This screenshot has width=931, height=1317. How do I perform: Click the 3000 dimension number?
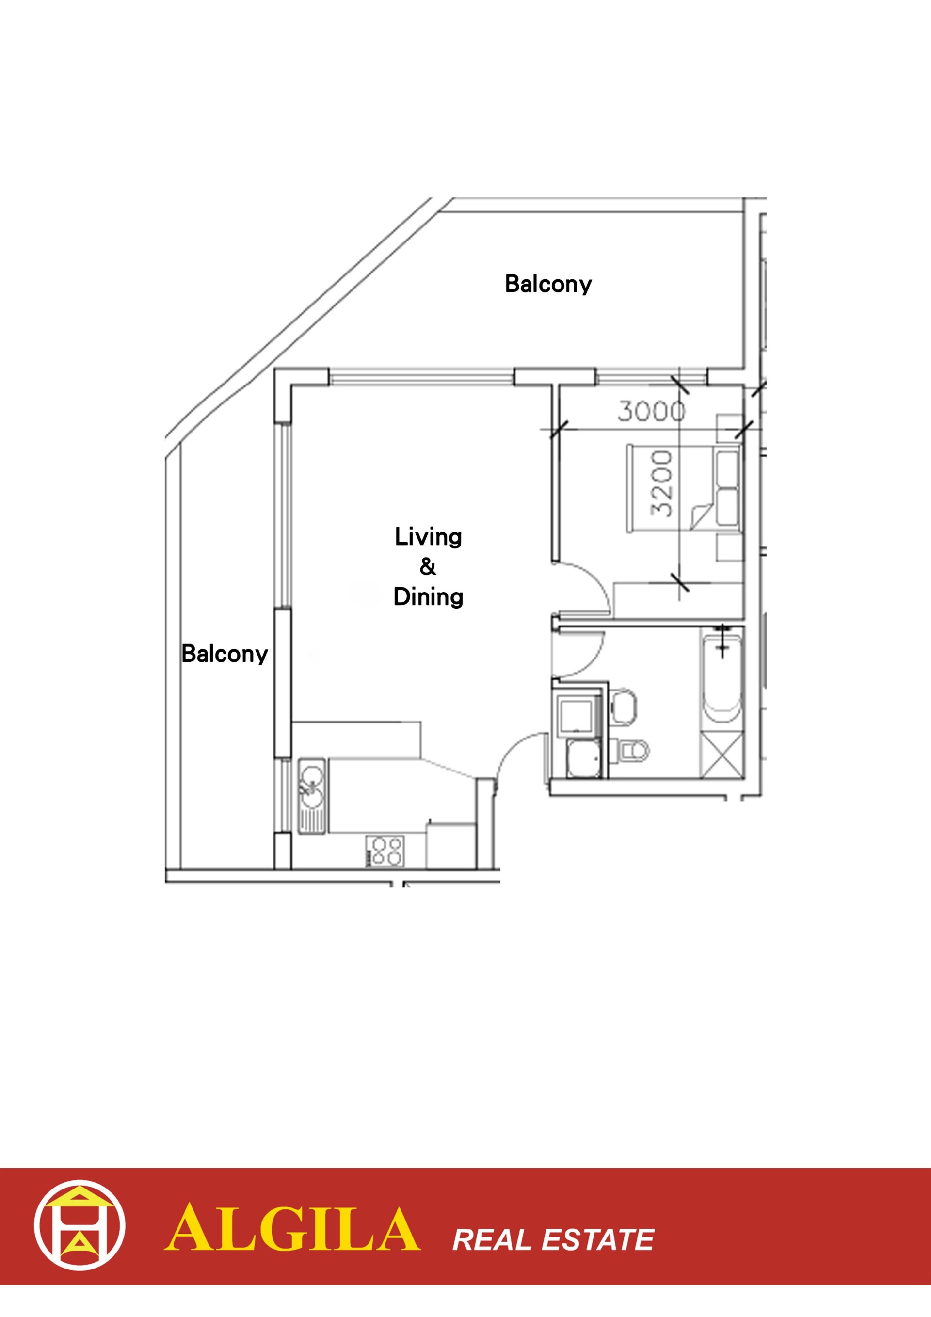[x=651, y=411]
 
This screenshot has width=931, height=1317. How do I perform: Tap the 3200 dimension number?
[x=661, y=483]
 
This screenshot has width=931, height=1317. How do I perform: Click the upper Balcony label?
[x=548, y=284]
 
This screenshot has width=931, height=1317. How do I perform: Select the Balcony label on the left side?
[x=225, y=654]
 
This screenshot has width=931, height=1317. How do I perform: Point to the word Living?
[x=428, y=537]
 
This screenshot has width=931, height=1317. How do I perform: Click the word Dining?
[x=428, y=596]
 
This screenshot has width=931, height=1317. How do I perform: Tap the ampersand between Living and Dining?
[x=427, y=567]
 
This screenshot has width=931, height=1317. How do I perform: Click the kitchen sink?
[x=311, y=796]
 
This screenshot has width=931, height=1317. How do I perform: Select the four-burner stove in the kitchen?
[x=385, y=851]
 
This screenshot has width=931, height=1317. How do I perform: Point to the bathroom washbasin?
[x=624, y=706]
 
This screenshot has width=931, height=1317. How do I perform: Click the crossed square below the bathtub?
[x=722, y=755]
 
